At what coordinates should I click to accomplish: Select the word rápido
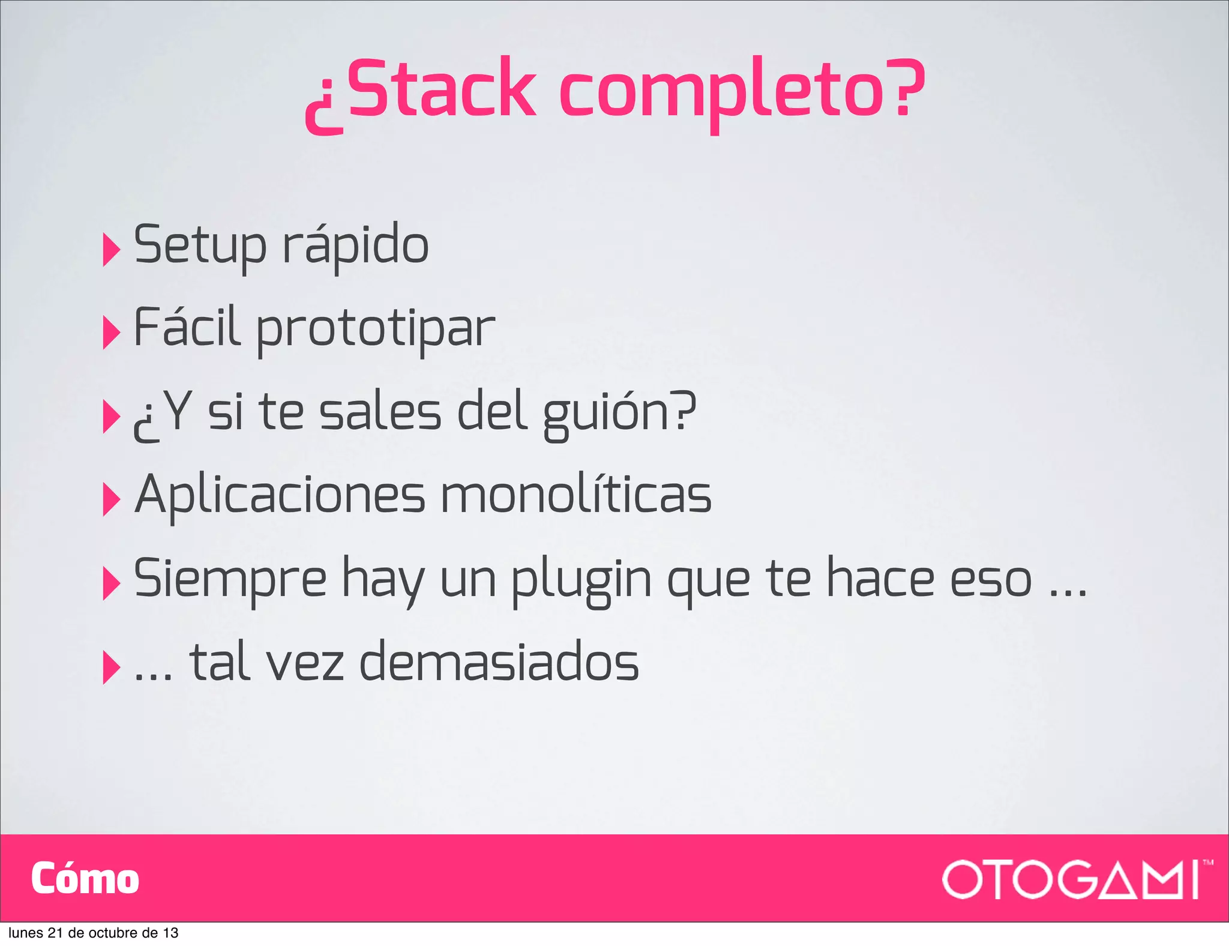pos(355,246)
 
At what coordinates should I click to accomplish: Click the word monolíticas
pos(576,495)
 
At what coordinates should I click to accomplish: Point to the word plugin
pos(581,580)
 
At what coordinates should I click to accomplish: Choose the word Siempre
pos(230,579)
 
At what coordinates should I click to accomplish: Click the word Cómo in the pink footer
pos(85,879)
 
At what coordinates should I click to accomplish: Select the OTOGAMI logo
pos(1074,879)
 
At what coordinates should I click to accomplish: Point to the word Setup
pos(200,246)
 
